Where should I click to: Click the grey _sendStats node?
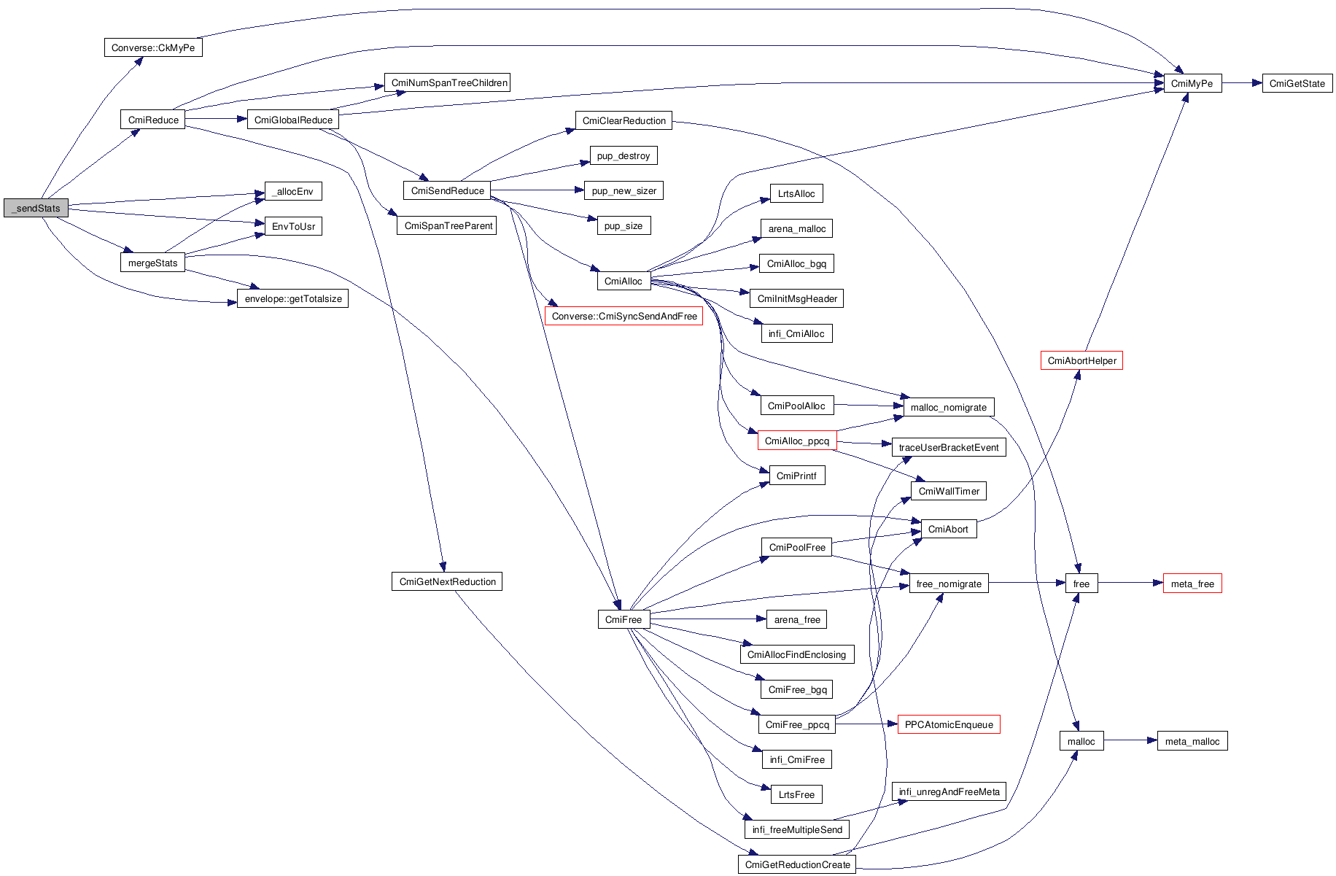click(x=36, y=208)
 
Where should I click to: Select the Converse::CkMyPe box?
click(x=152, y=47)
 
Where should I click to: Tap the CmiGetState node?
click(x=1297, y=83)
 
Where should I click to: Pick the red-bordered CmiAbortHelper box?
click(x=1081, y=360)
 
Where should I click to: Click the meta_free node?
click(x=1192, y=584)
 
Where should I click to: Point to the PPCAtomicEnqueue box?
click(x=948, y=724)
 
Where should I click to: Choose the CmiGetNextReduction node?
click(x=447, y=581)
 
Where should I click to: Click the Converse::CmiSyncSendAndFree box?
click(x=624, y=316)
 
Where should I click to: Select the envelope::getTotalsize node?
click(x=292, y=298)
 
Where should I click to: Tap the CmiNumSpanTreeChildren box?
click(x=447, y=82)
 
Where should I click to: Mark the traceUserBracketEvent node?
click(x=948, y=447)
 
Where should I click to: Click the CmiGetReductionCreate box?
click(x=797, y=864)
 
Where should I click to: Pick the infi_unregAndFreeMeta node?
click(x=949, y=791)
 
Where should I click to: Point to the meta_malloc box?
click(x=1192, y=741)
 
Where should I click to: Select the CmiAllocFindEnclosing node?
click(x=796, y=654)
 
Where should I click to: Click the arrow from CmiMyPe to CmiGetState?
click(x=1242, y=83)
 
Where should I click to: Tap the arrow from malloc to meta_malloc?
click(x=1130, y=741)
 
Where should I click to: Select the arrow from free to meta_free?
click(x=1130, y=583)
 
